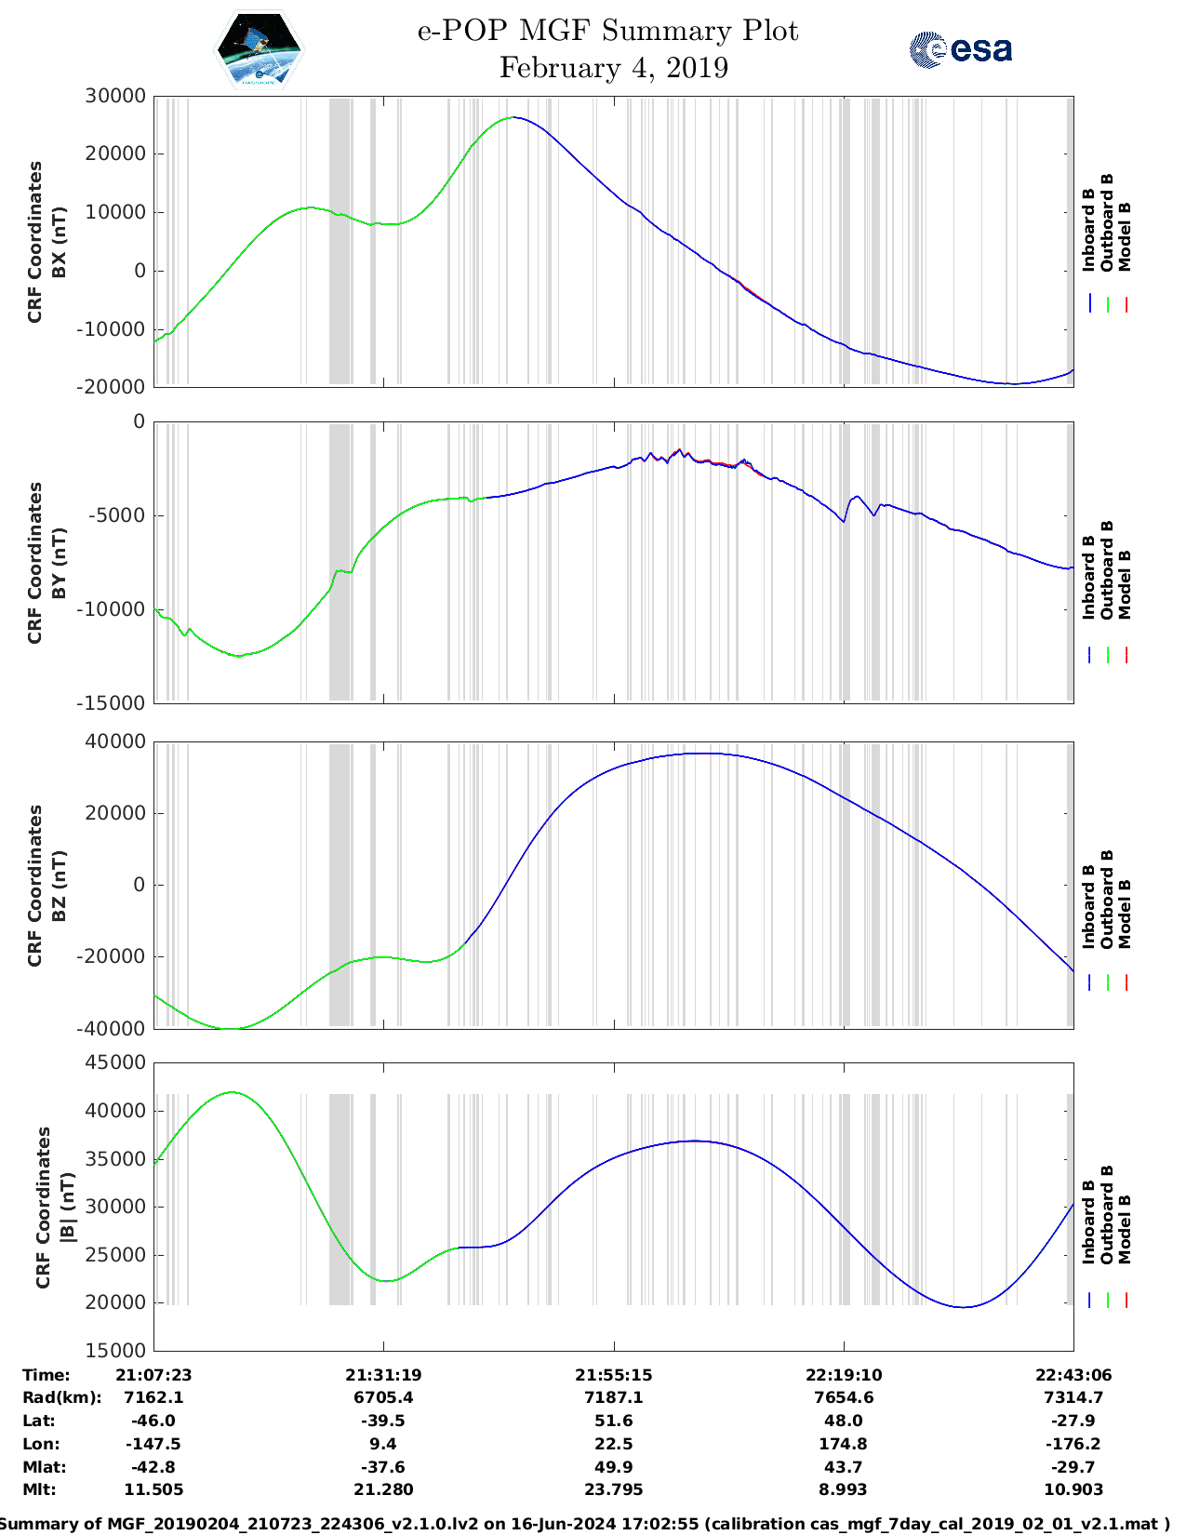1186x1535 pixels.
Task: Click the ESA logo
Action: coord(960,49)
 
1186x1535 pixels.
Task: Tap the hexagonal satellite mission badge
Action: coord(259,50)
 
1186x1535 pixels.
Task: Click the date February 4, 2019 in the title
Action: coord(613,68)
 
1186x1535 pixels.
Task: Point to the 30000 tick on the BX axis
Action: coord(114,96)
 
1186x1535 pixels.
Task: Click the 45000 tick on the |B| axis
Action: coord(114,1062)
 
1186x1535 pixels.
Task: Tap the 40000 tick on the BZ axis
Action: coord(114,741)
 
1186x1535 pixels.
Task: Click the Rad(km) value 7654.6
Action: coord(843,1397)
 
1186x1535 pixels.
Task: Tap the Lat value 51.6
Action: coord(613,1421)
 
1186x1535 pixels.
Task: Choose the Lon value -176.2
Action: coord(1073,1444)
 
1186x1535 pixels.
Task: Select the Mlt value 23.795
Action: coord(613,1489)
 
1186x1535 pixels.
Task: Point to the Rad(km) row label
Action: coord(61,1397)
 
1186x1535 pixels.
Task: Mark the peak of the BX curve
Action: coord(513,117)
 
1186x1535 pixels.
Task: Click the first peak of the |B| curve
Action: coord(232,1092)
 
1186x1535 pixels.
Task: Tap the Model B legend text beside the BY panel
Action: coord(1125,584)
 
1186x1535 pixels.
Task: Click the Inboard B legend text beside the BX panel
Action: coord(1088,230)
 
